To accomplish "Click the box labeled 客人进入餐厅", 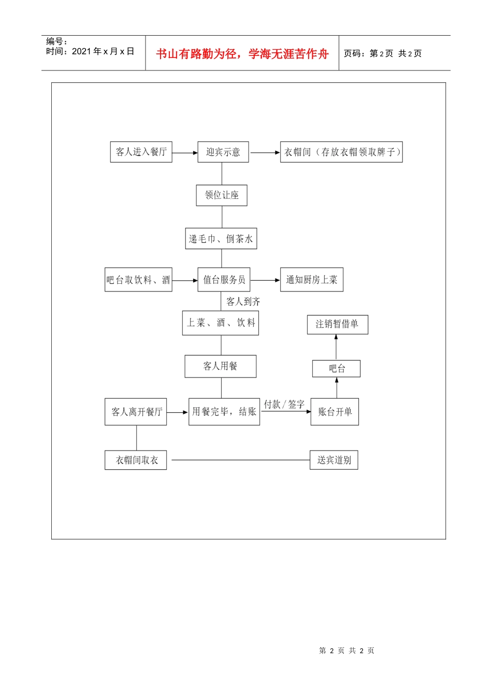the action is click(141, 152).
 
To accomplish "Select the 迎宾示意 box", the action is click(223, 152).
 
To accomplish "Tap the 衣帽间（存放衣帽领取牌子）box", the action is click(341, 152).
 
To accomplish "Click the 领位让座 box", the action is click(222, 195).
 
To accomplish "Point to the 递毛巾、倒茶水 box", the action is click(221, 239).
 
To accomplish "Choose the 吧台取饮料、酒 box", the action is click(138, 280).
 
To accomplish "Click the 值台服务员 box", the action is click(224, 280).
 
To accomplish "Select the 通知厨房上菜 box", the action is click(312, 280).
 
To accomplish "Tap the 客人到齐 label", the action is click(243, 301).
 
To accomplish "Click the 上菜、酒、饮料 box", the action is click(220, 323).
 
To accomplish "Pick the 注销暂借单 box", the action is click(338, 324).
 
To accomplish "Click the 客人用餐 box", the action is click(220, 366).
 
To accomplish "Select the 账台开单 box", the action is click(335, 412).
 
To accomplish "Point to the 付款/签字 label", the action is click(284, 404).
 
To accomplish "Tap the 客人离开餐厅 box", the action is click(136, 412).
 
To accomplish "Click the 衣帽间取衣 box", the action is click(136, 460).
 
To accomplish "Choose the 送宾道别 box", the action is click(334, 460).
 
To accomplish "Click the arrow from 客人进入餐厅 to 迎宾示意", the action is click(185, 153).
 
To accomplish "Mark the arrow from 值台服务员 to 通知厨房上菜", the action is click(265, 280).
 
